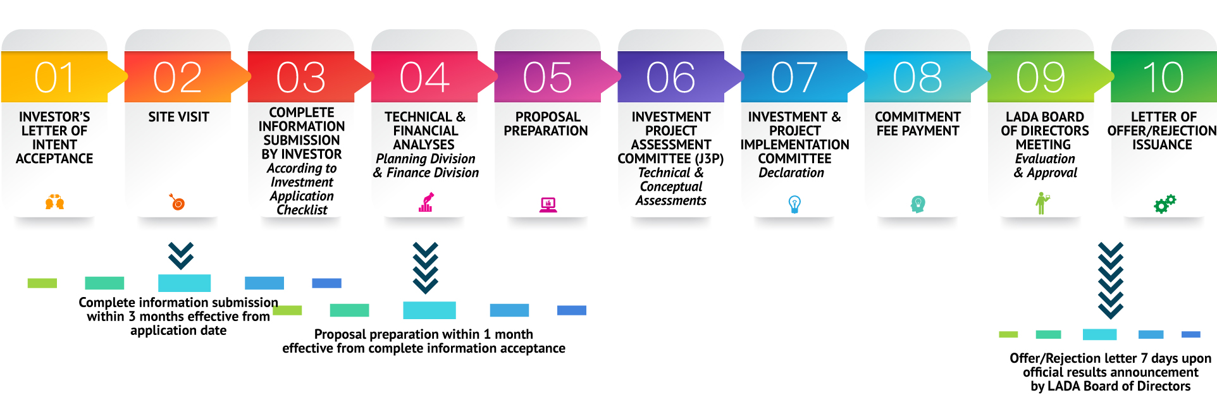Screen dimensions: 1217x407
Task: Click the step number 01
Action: pos(54,77)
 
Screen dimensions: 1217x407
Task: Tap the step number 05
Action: pos(548,77)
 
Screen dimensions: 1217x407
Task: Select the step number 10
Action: pos(1164,77)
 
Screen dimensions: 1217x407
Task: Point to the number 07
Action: pos(794,77)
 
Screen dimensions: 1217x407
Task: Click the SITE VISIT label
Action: pos(178,117)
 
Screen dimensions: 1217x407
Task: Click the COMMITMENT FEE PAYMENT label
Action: pos(918,124)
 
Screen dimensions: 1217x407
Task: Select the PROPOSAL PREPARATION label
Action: pos(546,124)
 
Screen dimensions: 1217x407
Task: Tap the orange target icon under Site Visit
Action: pos(177,202)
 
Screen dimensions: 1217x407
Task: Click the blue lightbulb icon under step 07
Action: pos(794,203)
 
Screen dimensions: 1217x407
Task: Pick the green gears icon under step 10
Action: pos(1164,203)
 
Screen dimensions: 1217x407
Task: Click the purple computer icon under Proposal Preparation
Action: pos(548,204)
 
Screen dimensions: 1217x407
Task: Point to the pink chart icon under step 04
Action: pos(426,202)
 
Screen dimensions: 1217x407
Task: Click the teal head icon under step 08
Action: pos(918,203)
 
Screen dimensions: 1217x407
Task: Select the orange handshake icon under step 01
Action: pos(54,202)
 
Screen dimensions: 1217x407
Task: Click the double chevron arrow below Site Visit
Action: pos(181,255)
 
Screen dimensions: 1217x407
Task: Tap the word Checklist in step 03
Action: pos(302,210)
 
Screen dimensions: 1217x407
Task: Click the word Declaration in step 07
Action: pos(791,173)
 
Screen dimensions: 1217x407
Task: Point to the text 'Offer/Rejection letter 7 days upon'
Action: pos(1111,358)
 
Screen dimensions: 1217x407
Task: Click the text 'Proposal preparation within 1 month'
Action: pos(424,334)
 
